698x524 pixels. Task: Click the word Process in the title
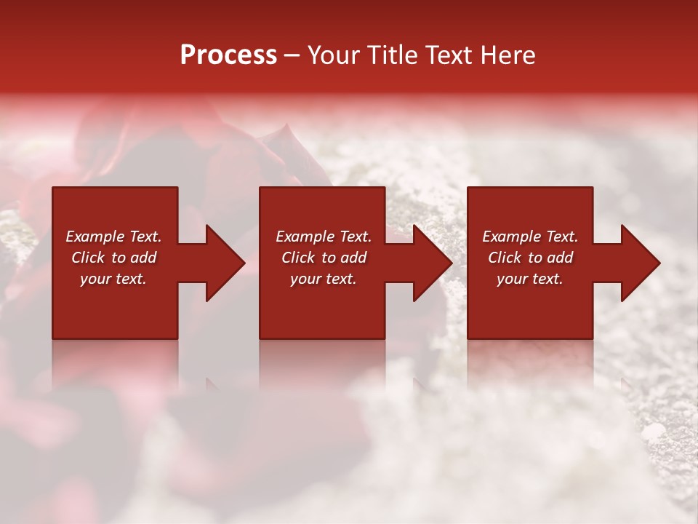[x=228, y=55]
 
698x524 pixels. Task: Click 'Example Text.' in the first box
[x=113, y=237]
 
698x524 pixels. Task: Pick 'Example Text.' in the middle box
[x=324, y=237]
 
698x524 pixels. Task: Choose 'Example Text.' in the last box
[x=530, y=237]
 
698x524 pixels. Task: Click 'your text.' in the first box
[x=113, y=279]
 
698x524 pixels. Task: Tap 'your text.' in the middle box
[x=324, y=279]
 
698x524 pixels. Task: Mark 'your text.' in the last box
[x=530, y=279]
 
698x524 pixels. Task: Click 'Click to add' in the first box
[x=113, y=258]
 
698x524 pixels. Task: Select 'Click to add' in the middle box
[x=324, y=258]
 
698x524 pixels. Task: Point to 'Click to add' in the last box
[x=530, y=258]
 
